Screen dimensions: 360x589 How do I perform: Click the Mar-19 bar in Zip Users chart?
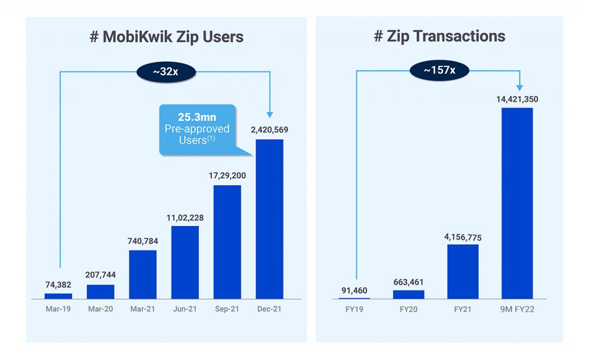click(58, 296)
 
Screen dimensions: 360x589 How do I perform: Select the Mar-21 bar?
click(143, 274)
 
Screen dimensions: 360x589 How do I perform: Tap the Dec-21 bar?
click(269, 219)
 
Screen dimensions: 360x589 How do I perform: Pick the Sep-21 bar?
click(227, 242)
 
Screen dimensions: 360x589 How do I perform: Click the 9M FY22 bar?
click(517, 203)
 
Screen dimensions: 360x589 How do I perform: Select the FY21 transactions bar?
click(462, 271)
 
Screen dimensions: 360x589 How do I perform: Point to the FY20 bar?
click(408, 294)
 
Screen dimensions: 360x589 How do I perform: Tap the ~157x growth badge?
click(439, 70)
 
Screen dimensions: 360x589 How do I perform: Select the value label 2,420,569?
click(269, 129)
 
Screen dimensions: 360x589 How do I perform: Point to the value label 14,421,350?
click(517, 99)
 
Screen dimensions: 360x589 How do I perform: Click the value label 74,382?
click(58, 284)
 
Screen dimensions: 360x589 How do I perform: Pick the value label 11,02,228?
click(185, 217)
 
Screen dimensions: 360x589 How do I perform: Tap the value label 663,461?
click(408, 281)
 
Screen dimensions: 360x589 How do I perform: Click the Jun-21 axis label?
click(185, 309)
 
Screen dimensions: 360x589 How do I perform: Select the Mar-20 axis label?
click(100, 309)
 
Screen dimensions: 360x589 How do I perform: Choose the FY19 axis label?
click(354, 309)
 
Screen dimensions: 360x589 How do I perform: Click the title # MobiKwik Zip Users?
click(167, 37)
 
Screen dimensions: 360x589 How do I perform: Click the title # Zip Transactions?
click(439, 37)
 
